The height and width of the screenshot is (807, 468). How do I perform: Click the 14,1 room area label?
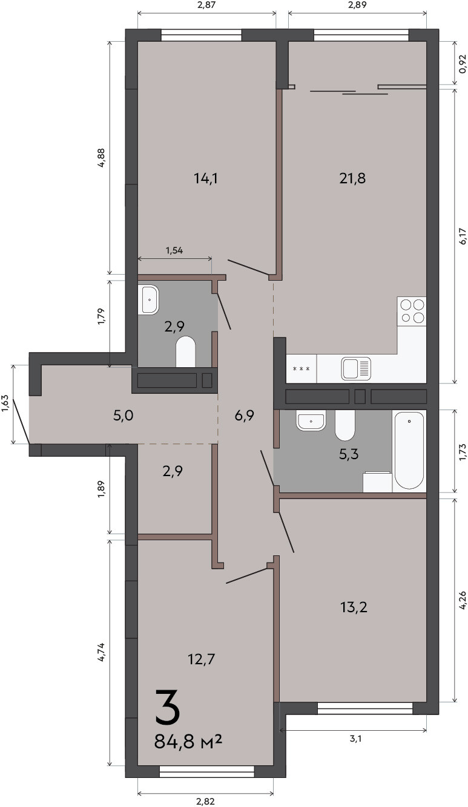205,178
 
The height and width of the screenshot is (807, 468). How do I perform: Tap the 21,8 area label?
352,178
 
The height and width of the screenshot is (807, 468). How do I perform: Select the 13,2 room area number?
354,607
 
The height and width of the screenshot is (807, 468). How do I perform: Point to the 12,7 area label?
201,659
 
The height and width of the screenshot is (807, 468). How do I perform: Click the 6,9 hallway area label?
244,416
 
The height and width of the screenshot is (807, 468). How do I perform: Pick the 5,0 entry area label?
124,416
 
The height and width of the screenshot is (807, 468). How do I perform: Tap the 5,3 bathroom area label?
349,454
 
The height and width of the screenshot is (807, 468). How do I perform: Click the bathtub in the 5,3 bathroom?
409,451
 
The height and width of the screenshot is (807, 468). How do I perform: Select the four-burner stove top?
412,312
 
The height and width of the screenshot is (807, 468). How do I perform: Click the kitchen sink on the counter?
356,368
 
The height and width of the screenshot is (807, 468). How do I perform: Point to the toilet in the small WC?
186,351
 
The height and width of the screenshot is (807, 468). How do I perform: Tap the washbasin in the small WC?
148,299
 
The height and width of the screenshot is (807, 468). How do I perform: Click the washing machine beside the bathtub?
378,482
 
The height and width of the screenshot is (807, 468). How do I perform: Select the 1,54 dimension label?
174,250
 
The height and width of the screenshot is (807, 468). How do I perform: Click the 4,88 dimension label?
102,157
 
